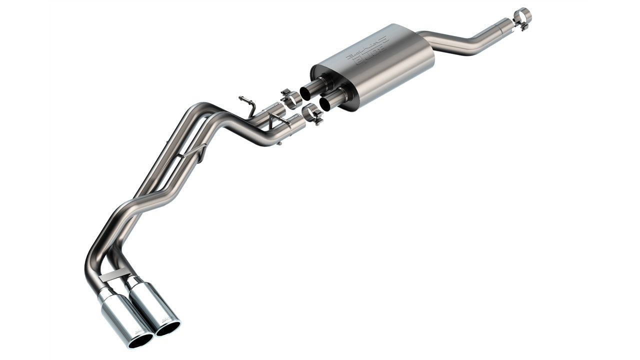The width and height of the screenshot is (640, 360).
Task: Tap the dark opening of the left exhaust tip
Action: click(140, 340)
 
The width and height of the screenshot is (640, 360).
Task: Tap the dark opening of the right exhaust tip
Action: click(168, 327)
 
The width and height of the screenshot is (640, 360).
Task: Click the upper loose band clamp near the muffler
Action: click(289, 98)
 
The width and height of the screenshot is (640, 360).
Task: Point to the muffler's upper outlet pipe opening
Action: click(306, 92)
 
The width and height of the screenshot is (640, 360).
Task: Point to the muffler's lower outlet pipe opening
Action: click(326, 103)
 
